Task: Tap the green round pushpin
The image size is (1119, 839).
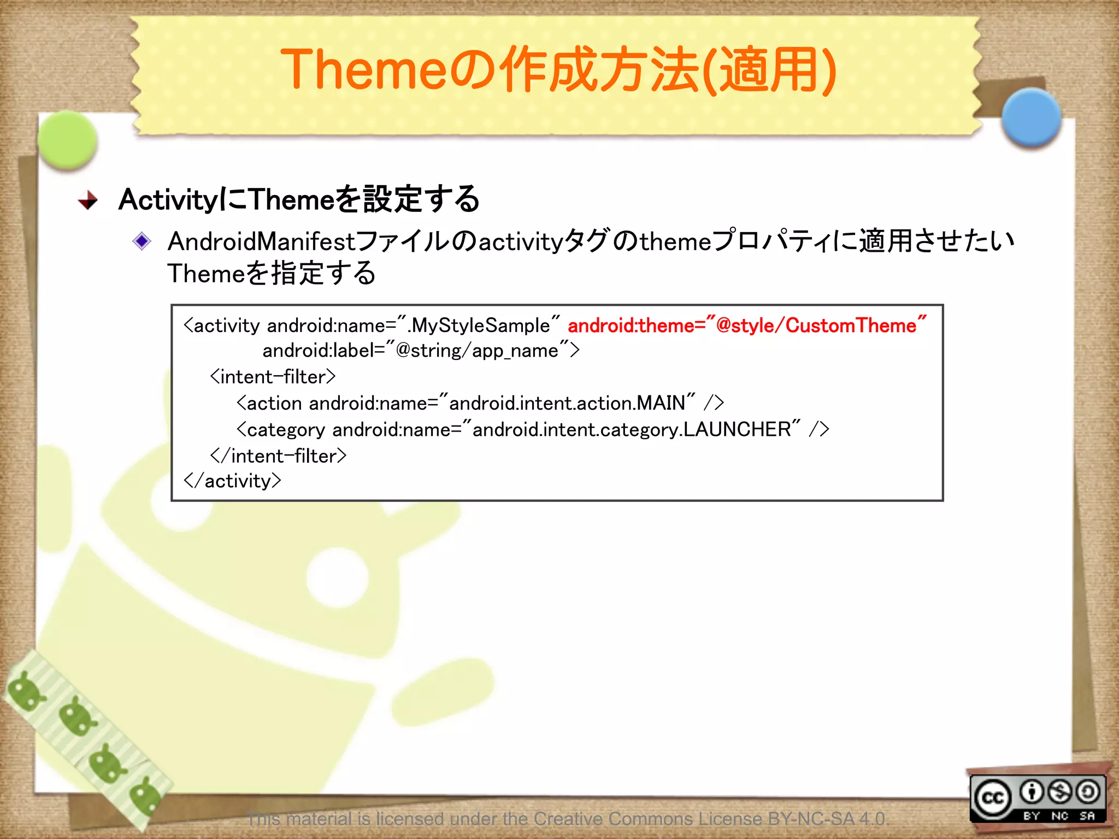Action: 68,139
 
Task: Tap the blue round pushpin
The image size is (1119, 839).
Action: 1031,117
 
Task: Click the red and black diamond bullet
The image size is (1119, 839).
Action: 87,200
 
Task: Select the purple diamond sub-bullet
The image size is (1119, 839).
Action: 142,241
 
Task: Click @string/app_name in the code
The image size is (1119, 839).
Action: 476,351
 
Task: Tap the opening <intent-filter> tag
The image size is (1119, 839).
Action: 272,377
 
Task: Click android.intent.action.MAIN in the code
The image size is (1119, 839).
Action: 567,403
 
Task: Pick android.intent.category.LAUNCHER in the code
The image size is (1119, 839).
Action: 631,430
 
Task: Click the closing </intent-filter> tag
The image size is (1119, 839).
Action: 278,456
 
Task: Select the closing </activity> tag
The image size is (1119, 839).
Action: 232,481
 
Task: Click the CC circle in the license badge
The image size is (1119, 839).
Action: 992,798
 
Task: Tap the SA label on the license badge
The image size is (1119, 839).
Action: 1087,816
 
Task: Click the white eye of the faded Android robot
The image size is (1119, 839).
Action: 337,576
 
